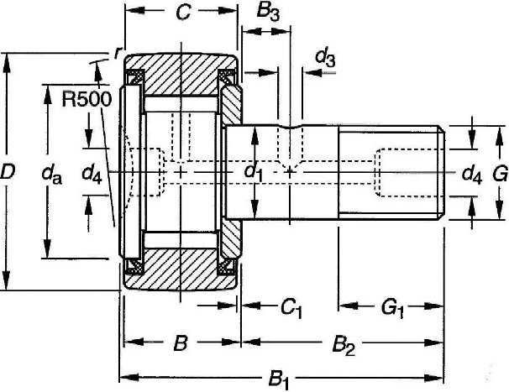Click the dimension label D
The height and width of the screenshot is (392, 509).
coord(8,172)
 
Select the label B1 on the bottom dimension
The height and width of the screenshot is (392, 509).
coord(279,380)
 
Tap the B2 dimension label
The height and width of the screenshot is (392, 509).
coord(344,346)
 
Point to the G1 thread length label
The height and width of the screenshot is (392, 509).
coord(393,308)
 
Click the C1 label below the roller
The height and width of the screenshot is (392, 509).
coord(291,308)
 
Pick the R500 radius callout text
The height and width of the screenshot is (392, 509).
coord(87,99)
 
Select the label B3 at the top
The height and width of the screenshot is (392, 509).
coord(268,13)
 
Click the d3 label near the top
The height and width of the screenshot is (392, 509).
coord(325,58)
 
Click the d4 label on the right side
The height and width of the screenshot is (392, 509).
coord(472,175)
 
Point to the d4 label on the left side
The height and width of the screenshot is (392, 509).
coord(92,174)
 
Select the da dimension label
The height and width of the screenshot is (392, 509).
coord(51,175)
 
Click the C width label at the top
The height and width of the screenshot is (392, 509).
coord(183,13)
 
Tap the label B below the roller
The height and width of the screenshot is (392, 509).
coord(181,343)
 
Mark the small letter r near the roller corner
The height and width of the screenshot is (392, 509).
coord(118,52)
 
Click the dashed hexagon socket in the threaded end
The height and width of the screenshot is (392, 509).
coord(408,172)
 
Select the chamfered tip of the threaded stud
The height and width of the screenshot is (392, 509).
coord(442,173)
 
